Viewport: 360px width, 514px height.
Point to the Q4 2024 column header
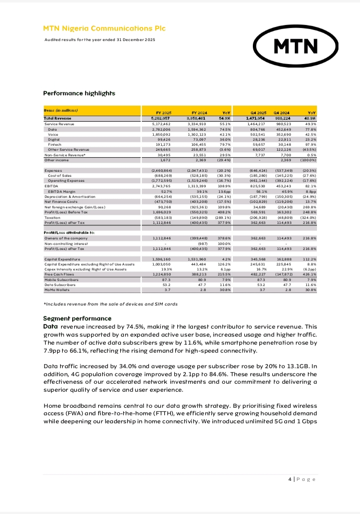283,113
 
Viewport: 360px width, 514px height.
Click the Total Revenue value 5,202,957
161,118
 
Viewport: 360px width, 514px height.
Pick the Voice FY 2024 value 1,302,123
203,134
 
